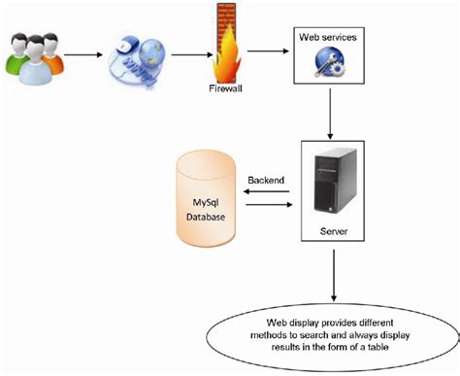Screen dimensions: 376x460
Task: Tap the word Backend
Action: click(x=265, y=181)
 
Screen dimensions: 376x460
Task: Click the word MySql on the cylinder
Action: click(x=206, y=199)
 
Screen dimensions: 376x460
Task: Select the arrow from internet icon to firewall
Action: click(x=185, y=54)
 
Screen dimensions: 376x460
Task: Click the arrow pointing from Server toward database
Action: click(x=265, y=191)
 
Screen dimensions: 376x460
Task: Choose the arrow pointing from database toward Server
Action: click(x=265, y=203)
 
